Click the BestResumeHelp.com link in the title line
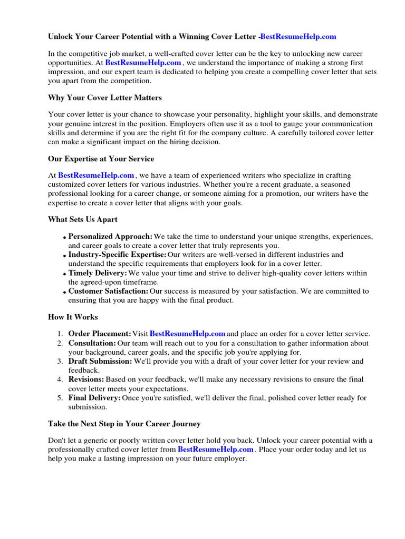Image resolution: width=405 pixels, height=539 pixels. click(298, 37)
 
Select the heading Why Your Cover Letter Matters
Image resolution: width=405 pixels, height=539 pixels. click(105, 97)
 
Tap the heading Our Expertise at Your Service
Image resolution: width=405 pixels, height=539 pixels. click(101, 158)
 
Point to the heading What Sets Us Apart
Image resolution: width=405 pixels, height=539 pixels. click(83, 219)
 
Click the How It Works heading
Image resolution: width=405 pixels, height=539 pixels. click(73, 317)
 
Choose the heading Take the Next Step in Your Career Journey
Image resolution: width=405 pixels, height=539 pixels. click(124, 423)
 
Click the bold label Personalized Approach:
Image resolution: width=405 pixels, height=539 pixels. click(110, 236)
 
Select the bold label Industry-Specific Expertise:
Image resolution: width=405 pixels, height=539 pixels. click(117, 255)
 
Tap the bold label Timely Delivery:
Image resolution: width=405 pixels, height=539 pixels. click(98, 273)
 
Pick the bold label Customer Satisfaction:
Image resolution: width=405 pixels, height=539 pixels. click(108, 291)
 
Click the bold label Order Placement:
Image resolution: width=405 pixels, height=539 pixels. click(100, 334)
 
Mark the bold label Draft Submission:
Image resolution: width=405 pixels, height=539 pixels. click(100, 362)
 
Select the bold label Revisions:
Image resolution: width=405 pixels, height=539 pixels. click(86, 380)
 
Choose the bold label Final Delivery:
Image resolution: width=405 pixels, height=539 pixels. click(94, 398)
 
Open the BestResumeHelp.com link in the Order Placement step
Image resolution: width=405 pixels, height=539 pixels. click(188, 334)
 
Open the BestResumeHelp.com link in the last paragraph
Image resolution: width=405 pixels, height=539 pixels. click(216, 450)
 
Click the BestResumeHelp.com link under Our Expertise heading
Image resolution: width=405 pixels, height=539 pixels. click(96, 175)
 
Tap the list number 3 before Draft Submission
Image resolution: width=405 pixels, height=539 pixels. click(60, 362)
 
